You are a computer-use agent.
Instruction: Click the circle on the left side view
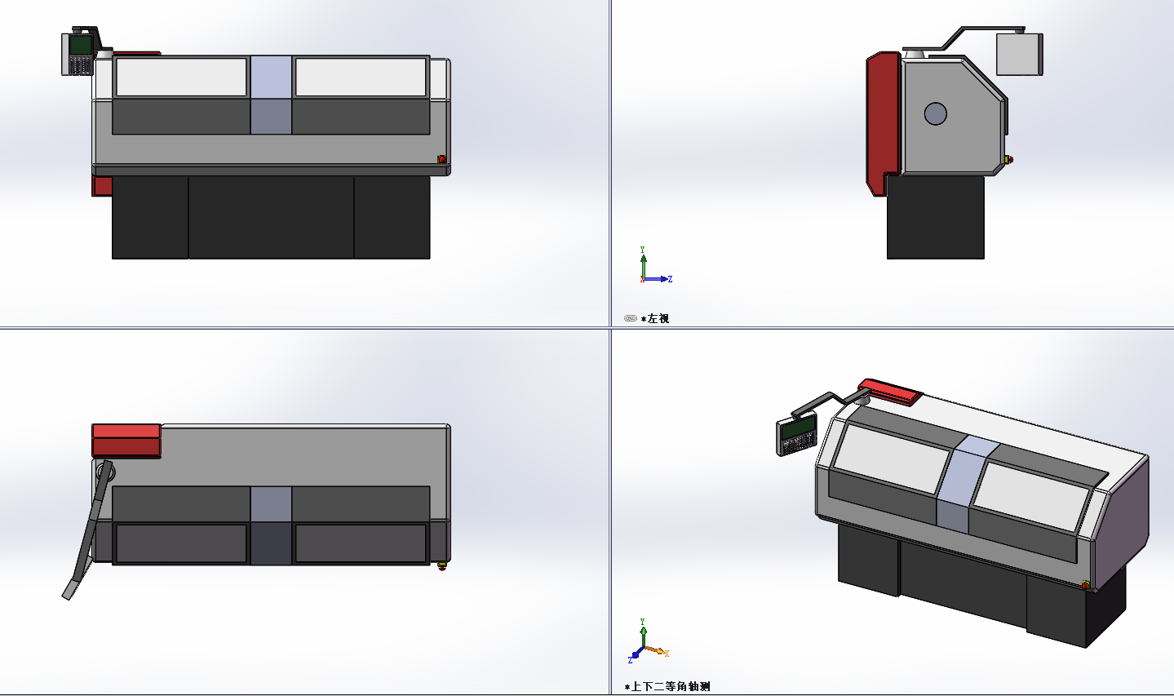tap(936, 113)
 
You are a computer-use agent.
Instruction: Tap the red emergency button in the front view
tap(442, 159)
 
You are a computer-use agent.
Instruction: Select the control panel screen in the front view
tap(81, 45)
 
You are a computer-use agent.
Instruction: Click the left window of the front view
tap(181, 77)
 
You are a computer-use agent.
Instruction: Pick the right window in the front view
tap(361, 77)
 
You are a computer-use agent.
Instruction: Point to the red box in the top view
tap(126, 441)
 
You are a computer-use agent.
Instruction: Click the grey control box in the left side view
tap(1019, 55)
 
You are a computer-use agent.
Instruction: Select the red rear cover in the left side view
tap(882, 123)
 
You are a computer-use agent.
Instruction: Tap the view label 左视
tap(658, 319)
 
